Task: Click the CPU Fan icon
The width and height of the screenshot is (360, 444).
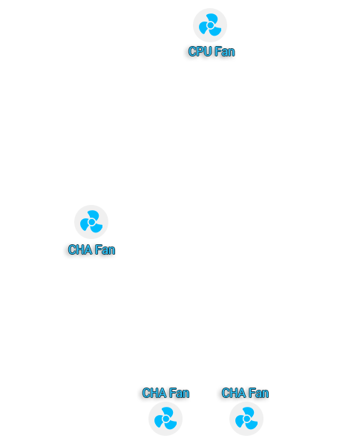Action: pyautogui.click(x=210, y=25)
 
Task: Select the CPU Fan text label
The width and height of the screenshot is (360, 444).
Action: pyautogui.click(x=212, y=51)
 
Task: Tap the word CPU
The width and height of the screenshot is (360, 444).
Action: pyautogui.click(x=200, y=51)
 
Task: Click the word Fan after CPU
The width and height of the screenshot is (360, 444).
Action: pyautogui.click(x=225, y=51)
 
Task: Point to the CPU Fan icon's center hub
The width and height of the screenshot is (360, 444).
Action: pyautogui.click(x=210, y=25)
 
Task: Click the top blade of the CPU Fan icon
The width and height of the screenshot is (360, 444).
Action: pyautogui.click(x=212, y=18)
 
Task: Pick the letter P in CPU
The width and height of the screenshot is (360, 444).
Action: pyautogui.click(x=200, y=51)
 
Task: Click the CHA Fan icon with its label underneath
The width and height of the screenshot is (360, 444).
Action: pyautogui.click(x=91, y=222)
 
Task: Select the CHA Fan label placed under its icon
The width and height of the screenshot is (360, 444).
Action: pyautogui.click(x=91, y=249)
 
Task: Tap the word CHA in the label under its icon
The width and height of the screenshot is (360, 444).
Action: pyautogui.click(x=80, y=249)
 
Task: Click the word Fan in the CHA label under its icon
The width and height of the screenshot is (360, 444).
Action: pyautogui.click(x=105, y=249)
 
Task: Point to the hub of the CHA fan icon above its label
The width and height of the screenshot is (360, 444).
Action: pyautogui.click(x=91, y=222)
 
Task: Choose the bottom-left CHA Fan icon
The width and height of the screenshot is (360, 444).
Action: pyautogui.click(x=166, y=419)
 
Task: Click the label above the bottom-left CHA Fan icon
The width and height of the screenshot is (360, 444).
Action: pyautogui.click(x=166, y=393)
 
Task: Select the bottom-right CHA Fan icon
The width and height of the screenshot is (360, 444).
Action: pyautogui.click(x=246, y=419)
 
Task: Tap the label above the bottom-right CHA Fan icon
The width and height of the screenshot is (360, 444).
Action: pyautogui.click(x=245, y=393)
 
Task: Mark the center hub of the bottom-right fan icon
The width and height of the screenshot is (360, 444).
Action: pyautogui.click(x=246, y=419)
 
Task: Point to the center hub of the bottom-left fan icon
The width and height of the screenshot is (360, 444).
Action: pyautogui.click(x=166, y=419)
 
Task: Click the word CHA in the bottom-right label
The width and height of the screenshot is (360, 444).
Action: pyautogui.click(x=234, y=393)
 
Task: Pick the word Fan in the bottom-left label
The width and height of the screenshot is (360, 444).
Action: pyautogui.click(x=179, y=393)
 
